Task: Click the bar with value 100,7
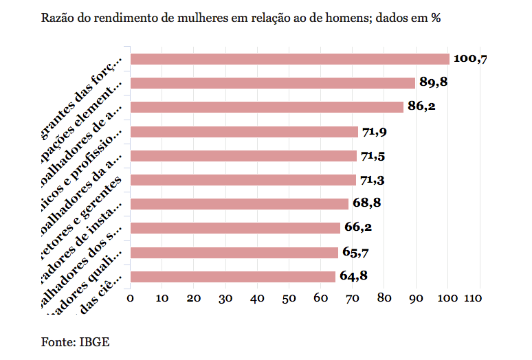[x=289, y=59]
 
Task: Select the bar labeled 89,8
[x=272, y=83]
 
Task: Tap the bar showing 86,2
[x=266, y=107]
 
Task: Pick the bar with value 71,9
[x=243, y=132]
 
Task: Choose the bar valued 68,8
[x=239, y=204]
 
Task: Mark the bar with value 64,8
[x=232, y=277]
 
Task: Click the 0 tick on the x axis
[x=130, y=298]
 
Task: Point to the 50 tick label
[x=289, y=298]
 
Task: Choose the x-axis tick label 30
[x=225, y=298]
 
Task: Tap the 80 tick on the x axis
[x=384, y=298]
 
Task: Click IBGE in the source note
[x=96, y=341]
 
